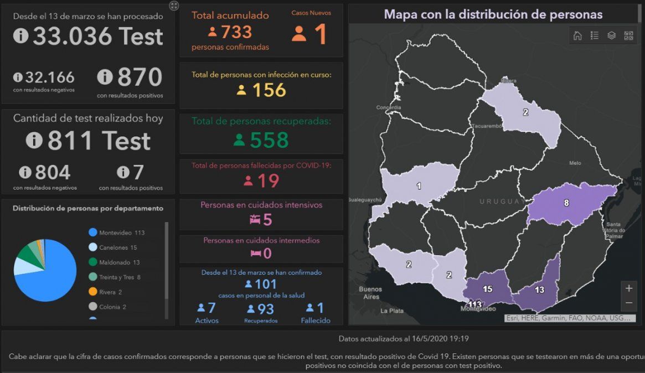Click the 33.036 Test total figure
[97, 37]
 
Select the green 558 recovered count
[269, 140]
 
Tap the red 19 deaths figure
[268, 180]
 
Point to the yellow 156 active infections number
[269, 90]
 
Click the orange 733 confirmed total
[236, 32]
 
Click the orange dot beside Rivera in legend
[92, 292]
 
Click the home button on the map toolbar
[577, 36]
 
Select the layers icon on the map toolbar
[611, 36]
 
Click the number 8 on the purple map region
[566, 203]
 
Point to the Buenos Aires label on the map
[370, 293]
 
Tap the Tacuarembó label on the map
[487, 126]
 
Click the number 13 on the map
[539, 290]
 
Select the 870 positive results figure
[140, 77]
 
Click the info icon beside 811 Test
[34, 141]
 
